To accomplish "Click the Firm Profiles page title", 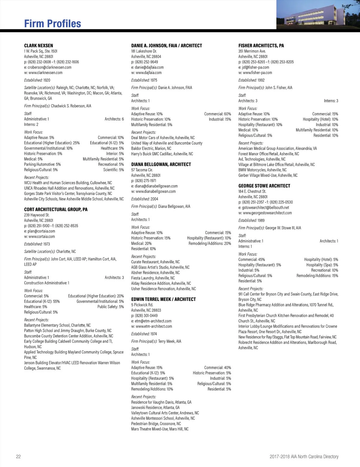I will point(52,24).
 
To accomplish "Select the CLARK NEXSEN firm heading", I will point(38,46).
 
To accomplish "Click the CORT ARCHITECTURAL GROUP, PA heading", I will point(56,210).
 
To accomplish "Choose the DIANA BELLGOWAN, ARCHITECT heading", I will point(161,165).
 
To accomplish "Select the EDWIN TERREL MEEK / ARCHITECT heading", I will point(163,299).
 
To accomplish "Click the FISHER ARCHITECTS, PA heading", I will point(261,46).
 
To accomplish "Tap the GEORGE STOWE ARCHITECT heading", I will point(264,186).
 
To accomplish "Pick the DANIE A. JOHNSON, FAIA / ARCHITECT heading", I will point(166,46).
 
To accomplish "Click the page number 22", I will point(18,457).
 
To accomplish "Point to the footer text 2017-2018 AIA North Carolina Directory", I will point(304,457).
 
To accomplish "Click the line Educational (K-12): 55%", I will point(42,301).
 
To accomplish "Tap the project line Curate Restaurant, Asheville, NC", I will point(155,262).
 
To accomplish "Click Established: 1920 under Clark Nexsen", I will point(37,80).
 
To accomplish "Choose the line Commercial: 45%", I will point(251,260).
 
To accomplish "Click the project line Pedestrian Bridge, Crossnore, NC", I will point(156,424).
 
